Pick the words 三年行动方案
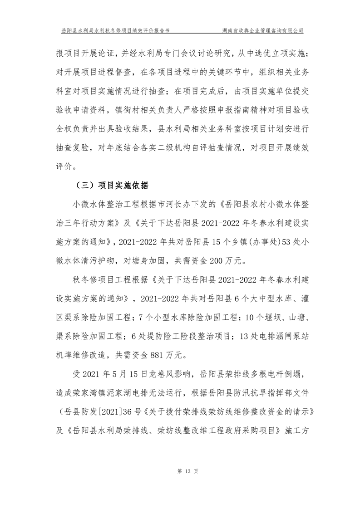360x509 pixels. click(88, 223)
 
